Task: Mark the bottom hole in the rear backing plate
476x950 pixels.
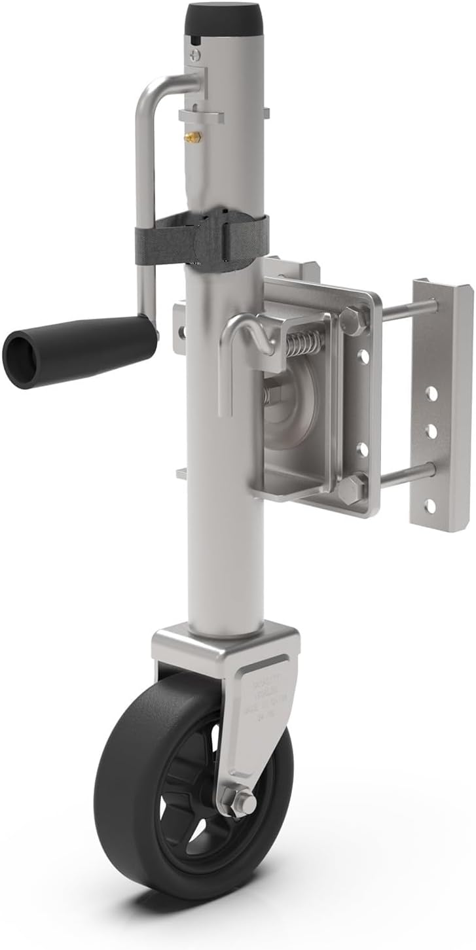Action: tap(430, 505)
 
